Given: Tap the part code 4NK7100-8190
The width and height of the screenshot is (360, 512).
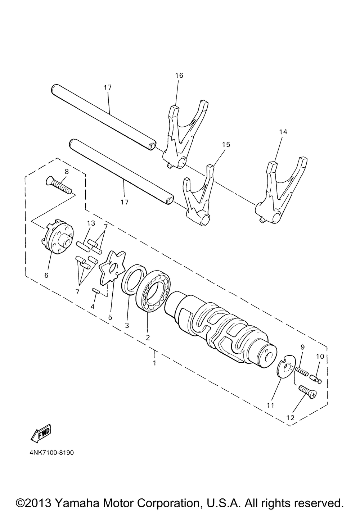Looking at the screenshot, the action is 52,452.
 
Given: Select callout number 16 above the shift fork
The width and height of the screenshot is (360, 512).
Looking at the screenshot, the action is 179,75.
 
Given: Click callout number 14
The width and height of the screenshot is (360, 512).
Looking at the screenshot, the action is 283,132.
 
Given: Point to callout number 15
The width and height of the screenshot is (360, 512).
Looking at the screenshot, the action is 226,144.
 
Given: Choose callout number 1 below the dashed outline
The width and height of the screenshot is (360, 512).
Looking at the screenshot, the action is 154,363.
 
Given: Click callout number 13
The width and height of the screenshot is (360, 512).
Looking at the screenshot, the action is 91,223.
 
